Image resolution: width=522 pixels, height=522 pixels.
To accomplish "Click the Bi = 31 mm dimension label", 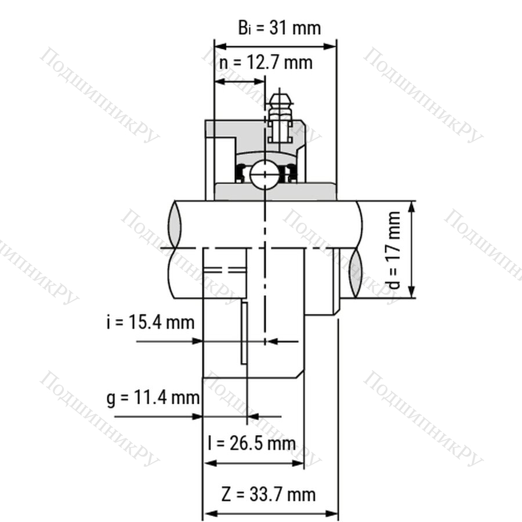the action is (280, 28).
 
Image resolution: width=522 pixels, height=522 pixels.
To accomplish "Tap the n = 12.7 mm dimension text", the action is (266, 62).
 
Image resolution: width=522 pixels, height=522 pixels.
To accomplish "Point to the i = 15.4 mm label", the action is (150, 322).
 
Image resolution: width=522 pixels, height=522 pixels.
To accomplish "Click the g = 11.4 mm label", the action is (153, 397).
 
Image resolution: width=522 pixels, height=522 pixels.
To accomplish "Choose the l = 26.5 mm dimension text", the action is (252, 444).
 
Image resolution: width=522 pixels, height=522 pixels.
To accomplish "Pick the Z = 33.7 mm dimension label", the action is (269, 494).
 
